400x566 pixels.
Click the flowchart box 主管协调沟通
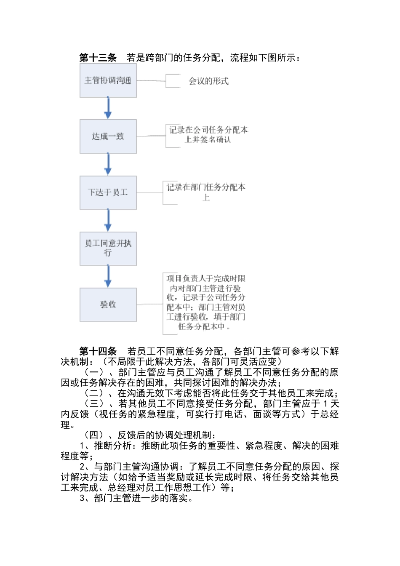[x=108, y=80]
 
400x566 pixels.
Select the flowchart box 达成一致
[x=108, y=136]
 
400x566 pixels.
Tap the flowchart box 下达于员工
[x=108, y=192]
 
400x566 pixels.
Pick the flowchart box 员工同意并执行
[x=108, y=248]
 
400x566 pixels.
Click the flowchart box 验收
[x=108, y=304]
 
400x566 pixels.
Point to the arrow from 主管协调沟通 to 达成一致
[x=108, y=108]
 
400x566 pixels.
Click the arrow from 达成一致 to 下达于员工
[x=108, y=164]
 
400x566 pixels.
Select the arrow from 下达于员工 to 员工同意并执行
[x=108, y=220]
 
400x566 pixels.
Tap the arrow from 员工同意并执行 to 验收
[x=108, y=276]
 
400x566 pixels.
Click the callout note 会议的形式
[x=208, y=81]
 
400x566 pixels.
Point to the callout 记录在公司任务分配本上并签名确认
[x=208, y=135]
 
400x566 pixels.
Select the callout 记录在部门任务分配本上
[x=206, y=192]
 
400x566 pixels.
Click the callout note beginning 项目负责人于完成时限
[x=205, y=302]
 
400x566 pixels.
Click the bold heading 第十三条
[x=98, y=58]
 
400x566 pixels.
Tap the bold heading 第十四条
[x=98, y=351]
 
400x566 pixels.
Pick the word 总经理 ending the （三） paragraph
[x=325, y=414]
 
